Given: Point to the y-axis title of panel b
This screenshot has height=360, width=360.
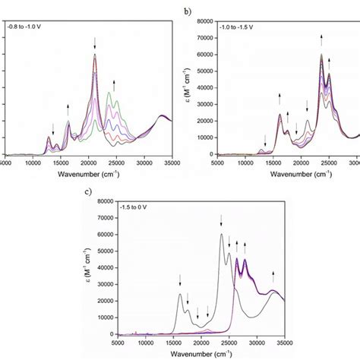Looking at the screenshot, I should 185,88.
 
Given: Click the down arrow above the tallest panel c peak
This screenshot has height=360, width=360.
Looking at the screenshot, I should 221,219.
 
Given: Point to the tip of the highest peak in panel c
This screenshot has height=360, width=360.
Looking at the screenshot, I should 221,234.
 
